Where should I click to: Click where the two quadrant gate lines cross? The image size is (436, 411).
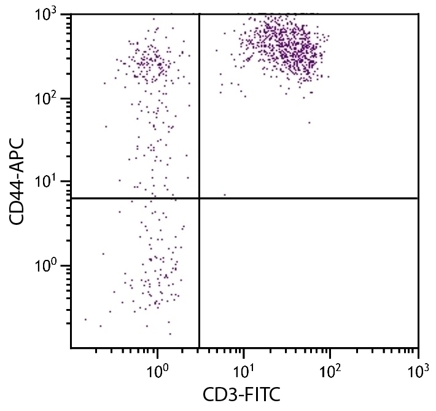[200, 198]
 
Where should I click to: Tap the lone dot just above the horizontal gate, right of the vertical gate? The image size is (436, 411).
[225, 195]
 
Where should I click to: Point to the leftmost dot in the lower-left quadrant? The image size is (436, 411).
[85, 319]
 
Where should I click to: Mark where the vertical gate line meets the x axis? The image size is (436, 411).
[200, 348]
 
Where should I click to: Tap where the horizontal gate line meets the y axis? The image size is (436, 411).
[71, 198]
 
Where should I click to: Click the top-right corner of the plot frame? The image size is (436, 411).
[418, 14]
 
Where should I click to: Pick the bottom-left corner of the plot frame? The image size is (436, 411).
[71, 348]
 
